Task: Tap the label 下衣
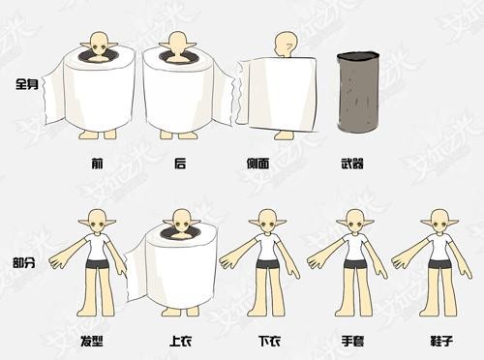(x=269, y=342)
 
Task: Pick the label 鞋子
(x=438, y=342)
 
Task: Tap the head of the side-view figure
(x=286, y=44)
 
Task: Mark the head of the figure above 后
(x=178, y=42)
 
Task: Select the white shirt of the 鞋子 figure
(x=439, y=248)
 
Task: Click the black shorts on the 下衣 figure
(x=268, y=262)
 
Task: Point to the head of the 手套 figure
(x=354, y=223)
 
